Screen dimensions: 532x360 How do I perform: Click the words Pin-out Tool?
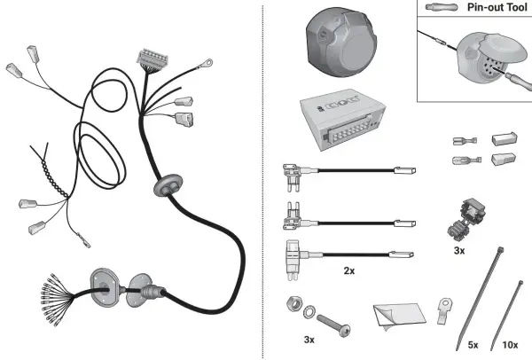pos(497,7)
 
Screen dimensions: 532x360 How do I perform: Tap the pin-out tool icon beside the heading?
pos(442,7)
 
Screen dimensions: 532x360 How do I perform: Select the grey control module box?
pos(342,119)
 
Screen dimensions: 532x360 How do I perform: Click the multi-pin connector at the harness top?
pos(153,58)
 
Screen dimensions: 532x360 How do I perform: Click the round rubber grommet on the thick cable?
pos(168,184)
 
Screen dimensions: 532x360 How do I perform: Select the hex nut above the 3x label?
pos(293,302)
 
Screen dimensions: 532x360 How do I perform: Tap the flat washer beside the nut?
pos(309,312)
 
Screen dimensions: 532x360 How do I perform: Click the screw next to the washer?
pos(334,325)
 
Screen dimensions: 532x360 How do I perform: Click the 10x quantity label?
pos(510,345)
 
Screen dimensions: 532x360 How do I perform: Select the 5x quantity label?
pos(473,345)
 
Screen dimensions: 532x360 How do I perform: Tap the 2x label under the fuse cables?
pos(349,270)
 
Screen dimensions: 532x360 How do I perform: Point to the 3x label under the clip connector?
pos(459,251)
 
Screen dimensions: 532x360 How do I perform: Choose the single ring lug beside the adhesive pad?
pos(444,310)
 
